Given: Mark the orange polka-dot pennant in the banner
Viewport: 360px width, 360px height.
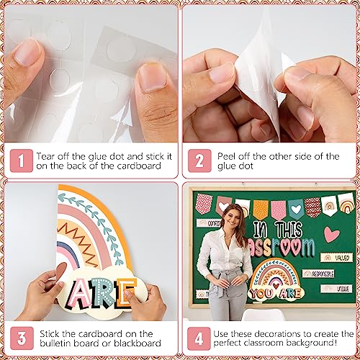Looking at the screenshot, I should click(x=261, y=208).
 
